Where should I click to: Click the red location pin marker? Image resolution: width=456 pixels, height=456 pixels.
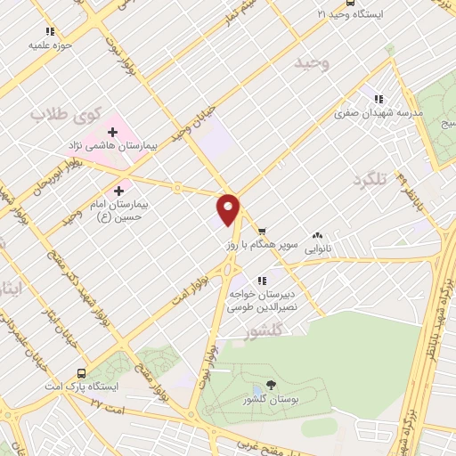pyautogui.click(x=229, y=208)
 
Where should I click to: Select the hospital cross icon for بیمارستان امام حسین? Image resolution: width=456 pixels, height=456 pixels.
pyautogui.click(x=118, y=191)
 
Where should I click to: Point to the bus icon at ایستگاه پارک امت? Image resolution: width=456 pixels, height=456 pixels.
pyautogui.click(x=82, y=374)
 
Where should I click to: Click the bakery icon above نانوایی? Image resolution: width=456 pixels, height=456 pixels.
pyautogui.click(x=317, y=236)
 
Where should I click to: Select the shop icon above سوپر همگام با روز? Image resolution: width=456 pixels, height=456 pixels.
pyautogui.click(x=261, y=228)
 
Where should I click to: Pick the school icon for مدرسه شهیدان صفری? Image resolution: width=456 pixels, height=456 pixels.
pyautogui.click(x=378, y=100)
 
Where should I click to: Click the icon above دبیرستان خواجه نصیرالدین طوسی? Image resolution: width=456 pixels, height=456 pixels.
pyautogui.click(x=261, y=281)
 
